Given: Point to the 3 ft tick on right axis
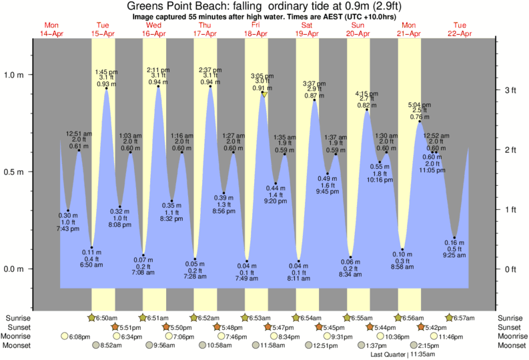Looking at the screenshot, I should click(510, 90).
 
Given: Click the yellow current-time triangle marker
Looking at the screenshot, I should click(265, 95).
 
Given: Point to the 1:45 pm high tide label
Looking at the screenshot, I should click(106, 71).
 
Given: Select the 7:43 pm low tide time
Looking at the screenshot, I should click(68, 230).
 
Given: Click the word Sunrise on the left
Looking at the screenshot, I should click(18, 318).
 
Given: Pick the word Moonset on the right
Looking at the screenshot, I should click(511, 346).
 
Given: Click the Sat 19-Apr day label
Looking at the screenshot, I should click(307, 29).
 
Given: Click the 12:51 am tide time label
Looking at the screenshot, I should click(79, 134).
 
